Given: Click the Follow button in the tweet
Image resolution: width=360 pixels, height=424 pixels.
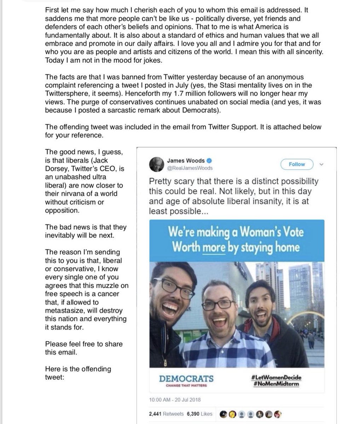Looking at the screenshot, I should click(297, 164).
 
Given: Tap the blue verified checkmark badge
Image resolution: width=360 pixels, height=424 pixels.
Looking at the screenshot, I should click(209, 161).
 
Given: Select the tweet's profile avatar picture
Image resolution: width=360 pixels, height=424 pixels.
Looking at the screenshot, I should click(156, 164).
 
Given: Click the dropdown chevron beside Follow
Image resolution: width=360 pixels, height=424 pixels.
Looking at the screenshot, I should click(321, 164).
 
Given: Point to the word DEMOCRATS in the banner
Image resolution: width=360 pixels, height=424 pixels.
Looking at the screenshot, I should click(186, 379).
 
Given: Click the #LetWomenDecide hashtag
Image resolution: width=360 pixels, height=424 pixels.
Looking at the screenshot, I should click(277, 377).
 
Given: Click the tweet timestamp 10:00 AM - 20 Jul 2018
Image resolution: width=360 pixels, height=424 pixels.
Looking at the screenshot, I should click(175, 400).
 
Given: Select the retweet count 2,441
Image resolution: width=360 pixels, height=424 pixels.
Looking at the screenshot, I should click(156, 414).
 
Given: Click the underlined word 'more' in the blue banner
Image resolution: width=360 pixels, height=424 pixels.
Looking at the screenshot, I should click(214, 247).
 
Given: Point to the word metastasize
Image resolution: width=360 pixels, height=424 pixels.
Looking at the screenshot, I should click(66, 311).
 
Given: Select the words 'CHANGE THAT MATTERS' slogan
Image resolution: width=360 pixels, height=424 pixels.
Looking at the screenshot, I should click(186, 385).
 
